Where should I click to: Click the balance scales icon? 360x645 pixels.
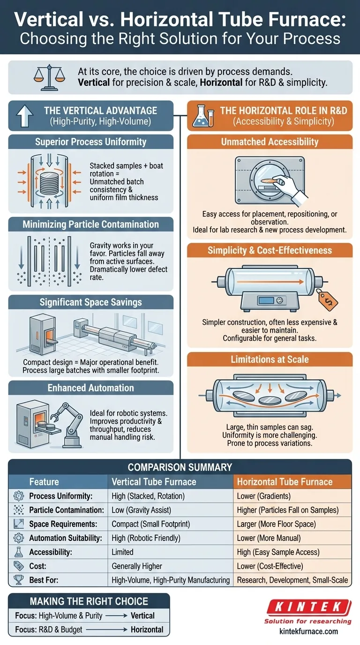pos(49,77)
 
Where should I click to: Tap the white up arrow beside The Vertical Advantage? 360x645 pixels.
pos(25,116)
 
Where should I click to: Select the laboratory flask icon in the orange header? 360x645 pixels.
pos(203,116)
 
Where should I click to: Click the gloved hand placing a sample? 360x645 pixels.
pos(288,187)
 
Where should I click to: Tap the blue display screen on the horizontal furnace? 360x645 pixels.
pos(266,300)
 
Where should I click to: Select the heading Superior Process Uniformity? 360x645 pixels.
pos(91,142)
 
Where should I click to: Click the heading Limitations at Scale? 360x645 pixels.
pos(270,360)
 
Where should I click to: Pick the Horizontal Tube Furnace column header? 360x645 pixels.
pos(285,482)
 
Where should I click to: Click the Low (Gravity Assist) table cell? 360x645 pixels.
pos(141,510)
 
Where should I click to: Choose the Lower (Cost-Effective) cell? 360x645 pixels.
pos(270,566)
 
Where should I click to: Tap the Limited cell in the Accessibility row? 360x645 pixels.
pos(122,552)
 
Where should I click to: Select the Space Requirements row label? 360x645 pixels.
pos(63,524)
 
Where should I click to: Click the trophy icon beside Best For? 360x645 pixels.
pos(19,580)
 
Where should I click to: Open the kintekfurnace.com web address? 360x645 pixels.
pos(308,631)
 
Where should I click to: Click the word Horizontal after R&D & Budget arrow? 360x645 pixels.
pos(147,630)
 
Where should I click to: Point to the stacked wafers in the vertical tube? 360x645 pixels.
pos(49,183)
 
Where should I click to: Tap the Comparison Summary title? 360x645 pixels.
pos(180,467)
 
